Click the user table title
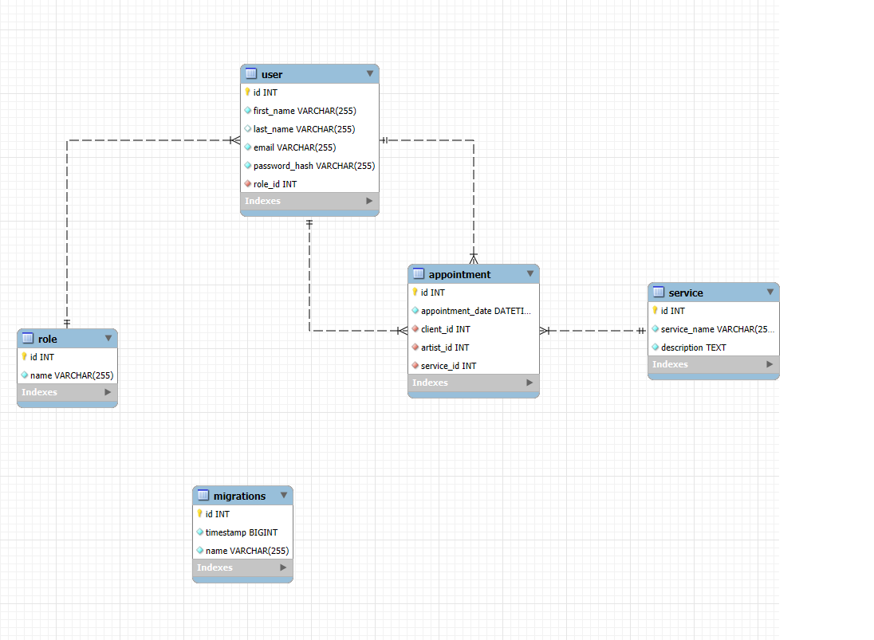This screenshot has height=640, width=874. (272, 74)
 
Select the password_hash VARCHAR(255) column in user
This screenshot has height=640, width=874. (313, 166)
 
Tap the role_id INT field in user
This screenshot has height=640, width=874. (275, 184)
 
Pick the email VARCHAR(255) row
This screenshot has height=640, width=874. (294, 147)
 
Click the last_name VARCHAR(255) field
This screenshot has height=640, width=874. (304, 129)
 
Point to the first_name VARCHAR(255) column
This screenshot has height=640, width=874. (305, 111)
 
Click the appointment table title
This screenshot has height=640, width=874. (459, 274)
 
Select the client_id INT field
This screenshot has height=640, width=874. (445, 329)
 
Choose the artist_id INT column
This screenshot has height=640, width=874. (445, 347)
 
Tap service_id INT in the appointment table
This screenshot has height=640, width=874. (448, 366)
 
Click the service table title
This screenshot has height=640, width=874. (685, 293)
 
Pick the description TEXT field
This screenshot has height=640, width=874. (693, 347)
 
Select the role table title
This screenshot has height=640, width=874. (48, 339)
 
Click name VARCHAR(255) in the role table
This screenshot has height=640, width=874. (72, 375)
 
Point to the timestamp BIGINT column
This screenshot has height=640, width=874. (242, 532)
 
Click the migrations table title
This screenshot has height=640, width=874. (239, 496)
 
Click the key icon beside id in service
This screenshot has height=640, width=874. (655, 311)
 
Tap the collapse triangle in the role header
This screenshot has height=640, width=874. (108, 338)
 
